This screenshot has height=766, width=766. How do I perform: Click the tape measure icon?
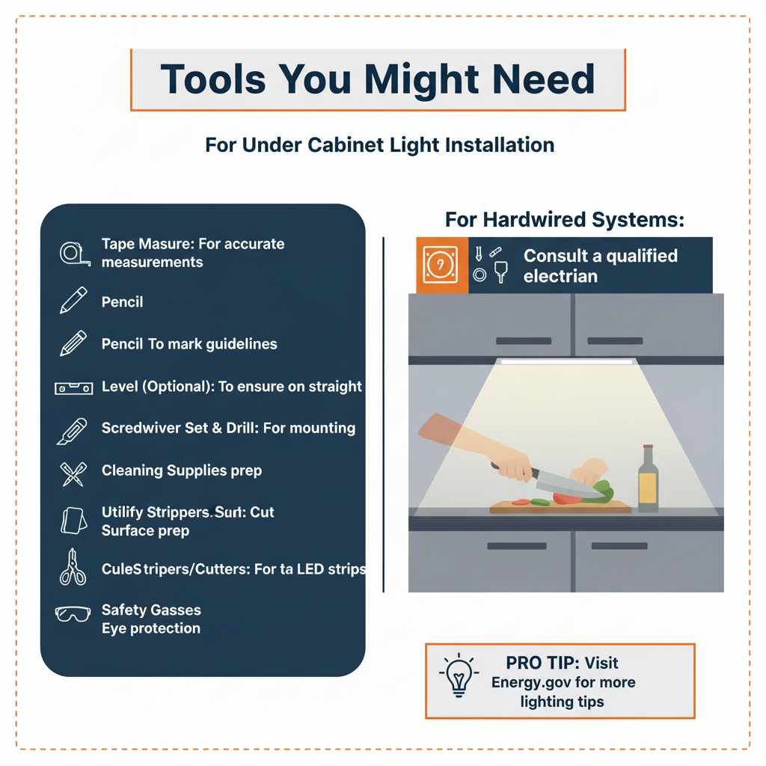[74, 253]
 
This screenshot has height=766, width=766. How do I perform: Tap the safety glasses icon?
[73, 614]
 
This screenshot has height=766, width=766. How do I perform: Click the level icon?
[73, 387]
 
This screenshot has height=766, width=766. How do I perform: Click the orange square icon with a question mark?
[441, 266]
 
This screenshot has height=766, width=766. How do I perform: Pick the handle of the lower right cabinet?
[619, 546]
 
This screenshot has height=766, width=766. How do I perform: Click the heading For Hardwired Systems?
[566, 220]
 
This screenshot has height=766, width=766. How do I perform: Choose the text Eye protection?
[150, 628]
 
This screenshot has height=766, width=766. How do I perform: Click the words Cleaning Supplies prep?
[181, 471]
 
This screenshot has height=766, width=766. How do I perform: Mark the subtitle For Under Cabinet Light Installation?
[379, 144]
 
